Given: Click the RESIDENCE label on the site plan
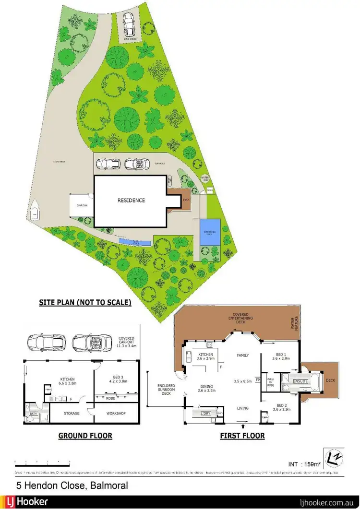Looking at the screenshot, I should [x=132, y=201].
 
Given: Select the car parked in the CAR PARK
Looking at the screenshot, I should [x=128, y=22].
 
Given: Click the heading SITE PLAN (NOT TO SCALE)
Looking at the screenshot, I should [x=85, y=303].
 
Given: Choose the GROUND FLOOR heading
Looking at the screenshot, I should [x=85, y=436].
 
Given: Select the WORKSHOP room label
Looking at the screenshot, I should [x=116, y=413].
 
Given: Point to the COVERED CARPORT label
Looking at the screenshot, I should [x=126, y=341].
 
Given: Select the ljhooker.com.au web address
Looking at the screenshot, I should [x=326, y=502].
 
